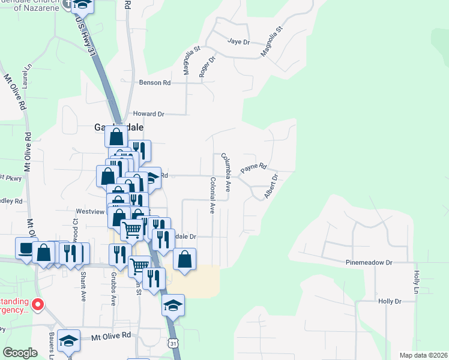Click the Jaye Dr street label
pyautogui.click(x=238, y=41)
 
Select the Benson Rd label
pyautogui.click(x=155, y=83)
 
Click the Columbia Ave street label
pyautogui.click(x=226, y=172)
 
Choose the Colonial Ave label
pyautogui.click(x=212, y=195)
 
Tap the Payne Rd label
pyautogui.click(x=253, y=169)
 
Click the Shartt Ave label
pyautogui.click(x=83, y=281)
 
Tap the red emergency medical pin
pyautogui.click(x=37, y=305)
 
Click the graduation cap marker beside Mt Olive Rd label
pyautogui.click(x=68, y=341)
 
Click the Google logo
pyautogui.click(x=20, y=353)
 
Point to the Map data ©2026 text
pyautogui.click(x=423, y=355)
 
